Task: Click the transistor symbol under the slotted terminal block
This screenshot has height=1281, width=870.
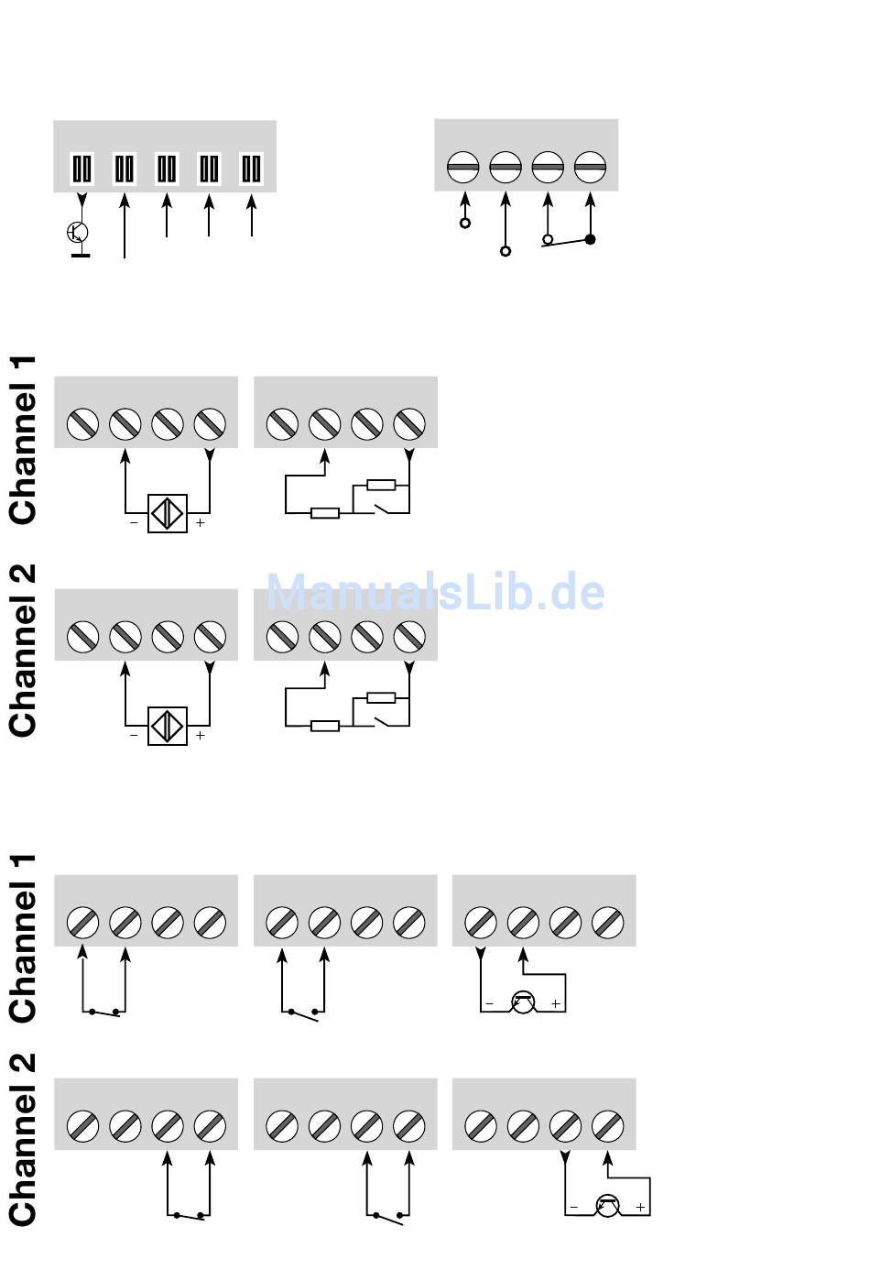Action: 78,232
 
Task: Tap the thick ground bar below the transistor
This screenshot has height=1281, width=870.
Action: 81,255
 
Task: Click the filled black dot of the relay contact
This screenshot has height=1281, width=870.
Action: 591,239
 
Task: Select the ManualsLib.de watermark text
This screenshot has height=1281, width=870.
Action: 435,592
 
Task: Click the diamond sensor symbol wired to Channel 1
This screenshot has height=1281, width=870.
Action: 168,513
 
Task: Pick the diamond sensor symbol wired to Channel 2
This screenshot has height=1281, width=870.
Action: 168,726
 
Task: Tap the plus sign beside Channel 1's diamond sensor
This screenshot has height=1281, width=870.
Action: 200,522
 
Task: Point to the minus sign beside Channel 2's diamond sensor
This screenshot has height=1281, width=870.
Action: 134,736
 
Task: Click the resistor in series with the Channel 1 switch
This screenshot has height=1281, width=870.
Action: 325,513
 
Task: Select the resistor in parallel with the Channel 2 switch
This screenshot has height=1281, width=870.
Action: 381,697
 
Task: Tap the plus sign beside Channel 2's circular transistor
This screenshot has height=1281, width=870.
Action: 640,1207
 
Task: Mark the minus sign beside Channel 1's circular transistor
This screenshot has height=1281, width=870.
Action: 489,1003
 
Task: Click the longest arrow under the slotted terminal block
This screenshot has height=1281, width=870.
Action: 125,226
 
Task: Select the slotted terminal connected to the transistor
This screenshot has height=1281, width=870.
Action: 82,169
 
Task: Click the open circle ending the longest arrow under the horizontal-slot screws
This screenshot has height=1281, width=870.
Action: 506,251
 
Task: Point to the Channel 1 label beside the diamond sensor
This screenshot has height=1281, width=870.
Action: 23,440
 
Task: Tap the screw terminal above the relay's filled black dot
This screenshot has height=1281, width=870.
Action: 590,167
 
